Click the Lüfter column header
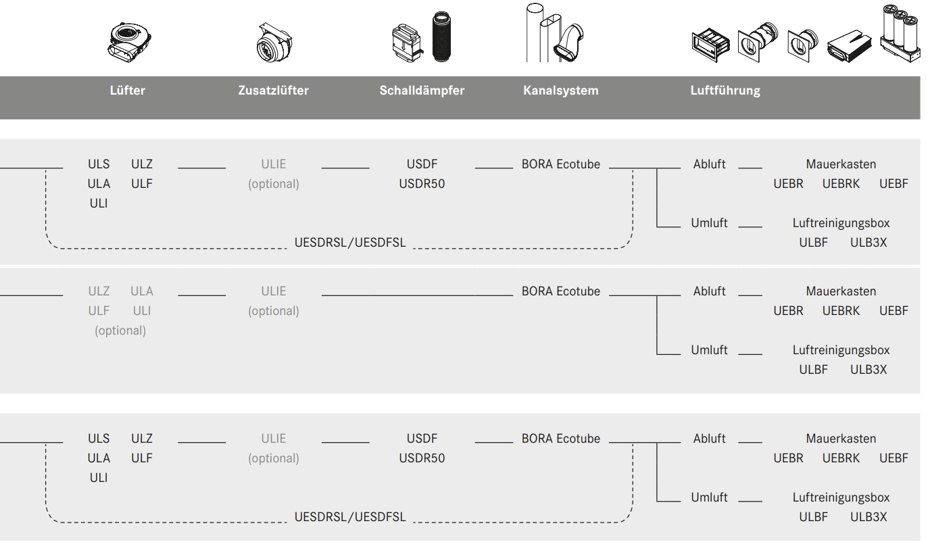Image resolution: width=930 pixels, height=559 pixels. [127, 91]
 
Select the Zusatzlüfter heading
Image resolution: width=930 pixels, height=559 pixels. [273, 91]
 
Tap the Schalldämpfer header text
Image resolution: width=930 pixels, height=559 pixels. [422, 91]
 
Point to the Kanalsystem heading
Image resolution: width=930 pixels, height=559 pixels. [560, 91]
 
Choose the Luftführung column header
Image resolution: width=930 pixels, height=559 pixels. [725, 91]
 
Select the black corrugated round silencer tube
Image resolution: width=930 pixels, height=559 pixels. [445, 37]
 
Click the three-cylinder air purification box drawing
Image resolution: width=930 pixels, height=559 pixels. [900, 34]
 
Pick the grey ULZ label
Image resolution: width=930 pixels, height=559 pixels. [99, 291]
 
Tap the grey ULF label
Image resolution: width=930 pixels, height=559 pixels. [99, 311]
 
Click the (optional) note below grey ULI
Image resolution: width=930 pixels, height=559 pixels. [120, 331]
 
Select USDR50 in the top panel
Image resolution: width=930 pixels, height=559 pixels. [422, 184]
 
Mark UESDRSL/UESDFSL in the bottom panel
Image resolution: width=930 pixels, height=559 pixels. [350, 517]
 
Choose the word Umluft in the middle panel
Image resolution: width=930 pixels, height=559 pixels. [709, 350]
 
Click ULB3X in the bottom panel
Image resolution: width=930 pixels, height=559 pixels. [868, 517]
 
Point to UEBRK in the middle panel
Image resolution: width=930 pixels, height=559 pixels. [841, 311]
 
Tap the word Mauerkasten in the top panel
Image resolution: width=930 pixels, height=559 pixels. [841, 164]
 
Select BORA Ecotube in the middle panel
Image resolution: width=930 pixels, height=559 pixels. [560, 291]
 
